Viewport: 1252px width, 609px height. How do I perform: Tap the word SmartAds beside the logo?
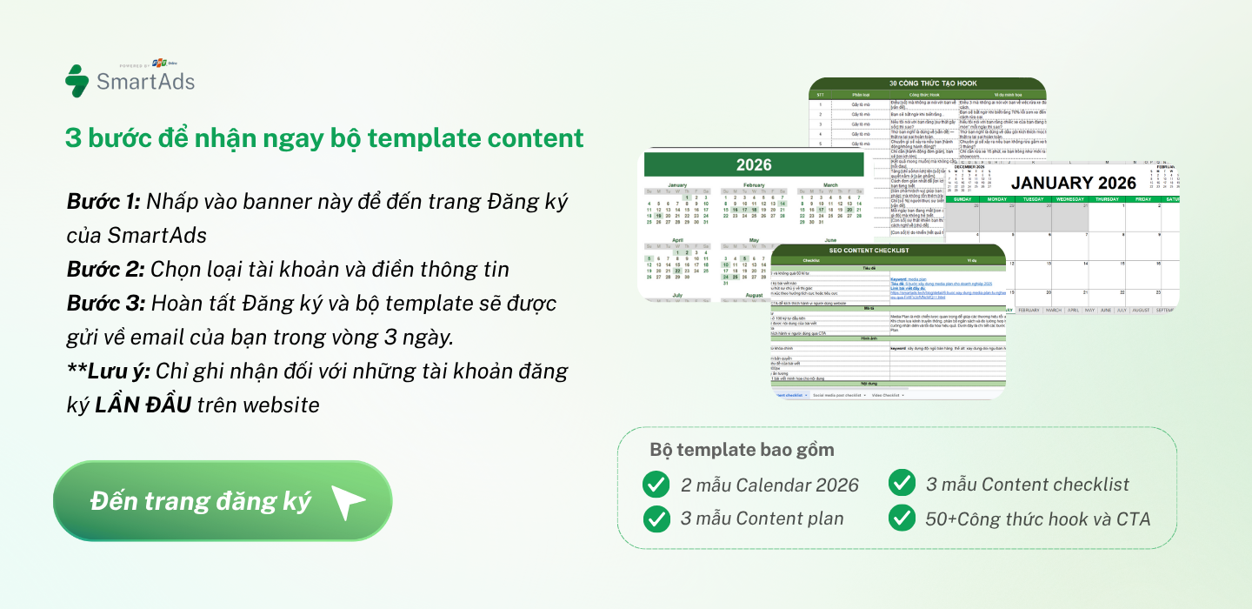tap(145, 82)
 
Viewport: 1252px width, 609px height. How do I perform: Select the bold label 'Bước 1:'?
tap(103, 202)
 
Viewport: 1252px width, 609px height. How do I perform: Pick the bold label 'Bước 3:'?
tap(105, 304)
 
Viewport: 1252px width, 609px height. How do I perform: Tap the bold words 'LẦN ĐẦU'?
tap(143, 405)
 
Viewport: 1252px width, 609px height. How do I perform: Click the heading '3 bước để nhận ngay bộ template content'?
tap(324, 137)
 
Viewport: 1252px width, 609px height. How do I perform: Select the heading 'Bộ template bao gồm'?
tap(742, 450)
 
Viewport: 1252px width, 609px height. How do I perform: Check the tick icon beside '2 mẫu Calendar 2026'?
tap(656, 485)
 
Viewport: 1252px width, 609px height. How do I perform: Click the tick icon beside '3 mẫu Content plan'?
tap(656, 519)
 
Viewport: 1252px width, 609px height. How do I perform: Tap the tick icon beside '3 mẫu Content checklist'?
tap(902, 483)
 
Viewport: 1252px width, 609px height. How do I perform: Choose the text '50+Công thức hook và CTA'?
tap(1037, 519)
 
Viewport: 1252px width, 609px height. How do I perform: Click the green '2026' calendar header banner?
tap(754, 164)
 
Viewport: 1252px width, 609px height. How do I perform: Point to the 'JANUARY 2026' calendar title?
tap(1073, 183)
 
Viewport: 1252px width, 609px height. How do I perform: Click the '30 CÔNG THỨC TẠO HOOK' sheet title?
tap(928, 84)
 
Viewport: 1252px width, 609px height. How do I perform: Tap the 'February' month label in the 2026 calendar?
tap(754, 185)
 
